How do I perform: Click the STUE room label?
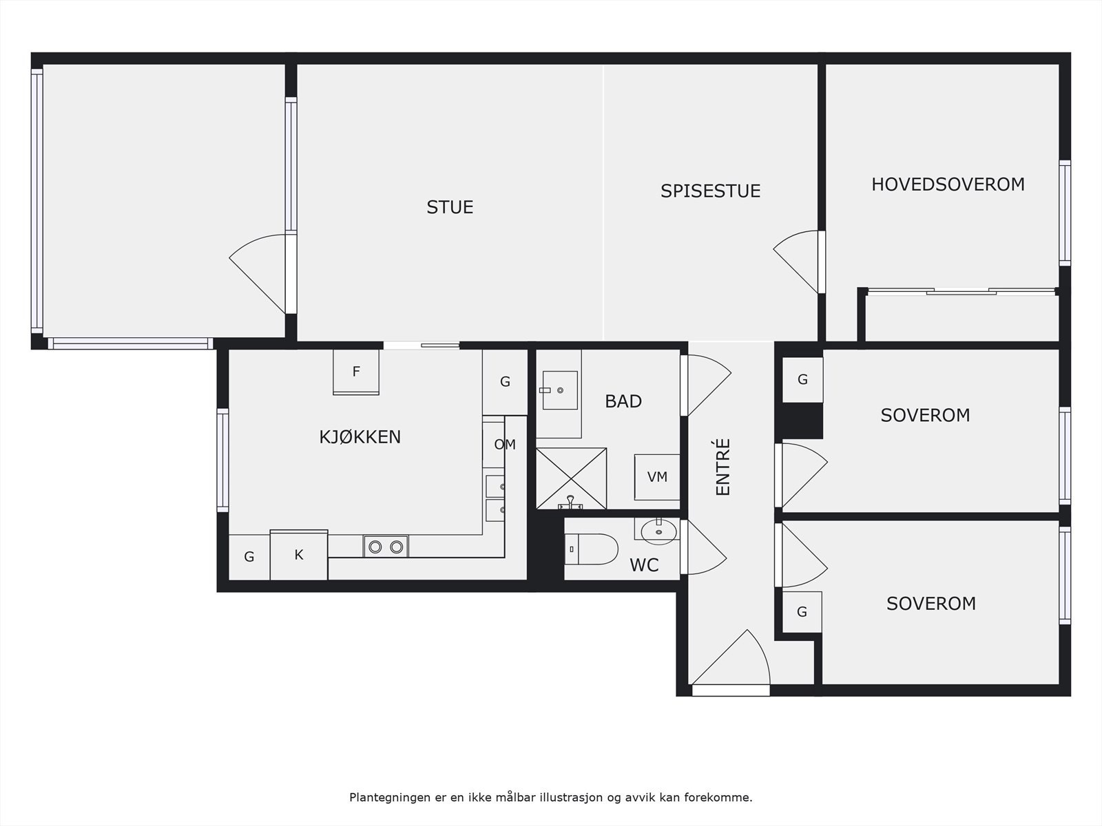450,207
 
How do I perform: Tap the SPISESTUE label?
710,191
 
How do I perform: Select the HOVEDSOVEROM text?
948,184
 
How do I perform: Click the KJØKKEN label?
360,437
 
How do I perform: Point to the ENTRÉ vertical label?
722,467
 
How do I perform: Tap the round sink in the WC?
659,531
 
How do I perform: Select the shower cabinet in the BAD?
571,478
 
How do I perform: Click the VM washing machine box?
657,476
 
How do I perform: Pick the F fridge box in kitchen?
356,372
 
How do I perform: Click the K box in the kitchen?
299,555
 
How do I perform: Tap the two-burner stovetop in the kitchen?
386,547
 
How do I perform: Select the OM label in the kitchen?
504,445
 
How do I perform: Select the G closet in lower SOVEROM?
802,612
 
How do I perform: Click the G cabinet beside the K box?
249,557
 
